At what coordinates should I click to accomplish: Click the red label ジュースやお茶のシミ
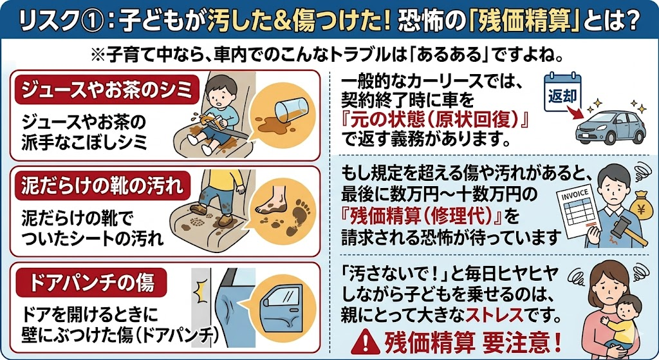(107, 90)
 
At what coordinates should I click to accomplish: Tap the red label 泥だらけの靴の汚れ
(102, 185)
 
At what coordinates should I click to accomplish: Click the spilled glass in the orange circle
(292, 109)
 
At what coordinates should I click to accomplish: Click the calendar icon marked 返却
(562, 93)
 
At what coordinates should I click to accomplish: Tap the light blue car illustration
(610, 126)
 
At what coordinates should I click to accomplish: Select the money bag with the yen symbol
(641, 205)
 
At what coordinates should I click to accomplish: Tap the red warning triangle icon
(366, 341)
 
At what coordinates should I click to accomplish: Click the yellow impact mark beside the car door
(201, 290)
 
